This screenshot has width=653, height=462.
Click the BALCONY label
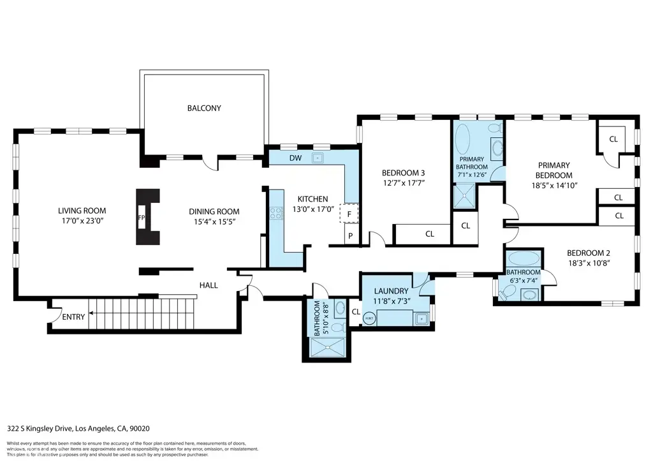[x=204, y=108]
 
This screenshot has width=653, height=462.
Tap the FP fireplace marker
[x=142, y=217]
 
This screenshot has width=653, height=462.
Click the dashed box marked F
[x=349, y=214]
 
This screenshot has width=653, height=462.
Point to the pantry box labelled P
[x=349, y=236]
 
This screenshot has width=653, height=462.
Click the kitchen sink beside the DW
[x=316, y=158]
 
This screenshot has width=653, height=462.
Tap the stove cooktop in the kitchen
[x=276, y=214]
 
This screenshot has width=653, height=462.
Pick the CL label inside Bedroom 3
[x=430, y=234]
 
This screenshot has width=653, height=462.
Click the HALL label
[x=209, y=285]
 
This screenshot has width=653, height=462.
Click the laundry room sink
[x=420, y=317]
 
